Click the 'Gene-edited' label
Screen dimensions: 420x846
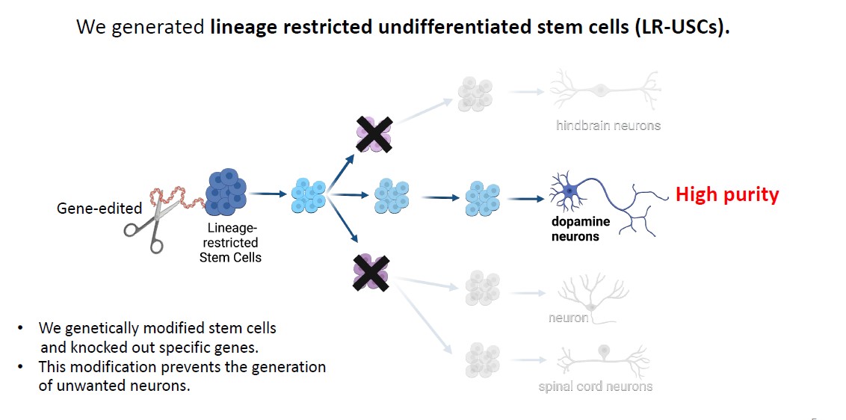pyautogui.click(x=88, y=209)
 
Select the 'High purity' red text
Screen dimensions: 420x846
pyautogui.click(x=726, y=195)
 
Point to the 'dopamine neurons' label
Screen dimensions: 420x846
pyautogui.click(x=581, y=229)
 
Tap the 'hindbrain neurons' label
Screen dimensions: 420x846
pyautogui.click(x=608, y=126)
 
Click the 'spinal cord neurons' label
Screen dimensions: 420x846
pyautogui.click(x=595, y=386)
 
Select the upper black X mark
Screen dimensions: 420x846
pyautogui.click(x=374, y=134)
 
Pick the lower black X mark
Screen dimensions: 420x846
pyautogui.click(x=372, y=272)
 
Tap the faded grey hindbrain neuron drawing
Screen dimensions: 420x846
pyautogui.click(x=604, y=90)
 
